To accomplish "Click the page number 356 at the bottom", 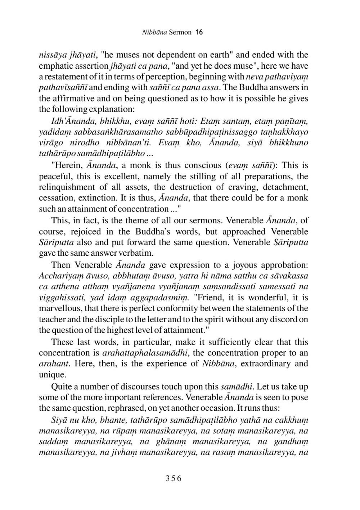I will point(174,478).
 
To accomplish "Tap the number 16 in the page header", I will point(199,32).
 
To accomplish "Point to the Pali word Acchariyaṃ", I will point(59,276).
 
